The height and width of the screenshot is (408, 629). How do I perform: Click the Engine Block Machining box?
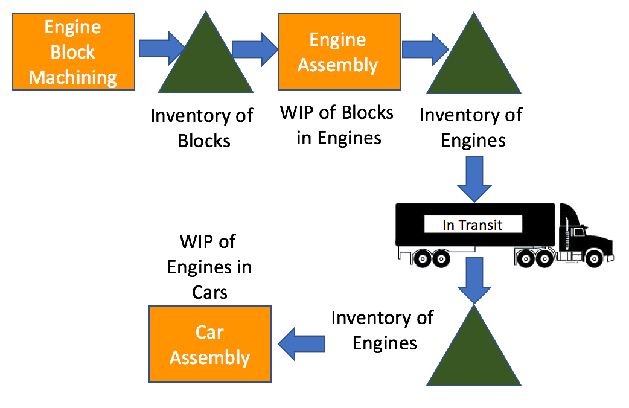pos(73,52)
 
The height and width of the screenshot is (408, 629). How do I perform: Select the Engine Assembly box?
pos(338,52)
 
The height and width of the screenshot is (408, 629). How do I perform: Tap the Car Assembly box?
pos(209,344)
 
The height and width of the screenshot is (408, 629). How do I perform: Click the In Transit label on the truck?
pos(473,225)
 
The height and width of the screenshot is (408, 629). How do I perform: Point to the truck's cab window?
pos(579,232)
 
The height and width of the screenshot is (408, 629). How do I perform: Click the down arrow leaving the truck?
pos(474,279)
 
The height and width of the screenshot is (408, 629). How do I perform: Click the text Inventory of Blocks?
pos(202,128)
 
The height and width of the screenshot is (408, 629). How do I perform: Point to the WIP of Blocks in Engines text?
pos(338,125)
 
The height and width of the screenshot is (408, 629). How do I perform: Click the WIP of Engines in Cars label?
pos(209,267)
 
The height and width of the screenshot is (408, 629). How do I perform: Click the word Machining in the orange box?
pos(73,77)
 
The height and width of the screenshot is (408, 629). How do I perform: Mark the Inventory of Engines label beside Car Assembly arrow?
pos(383,330)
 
